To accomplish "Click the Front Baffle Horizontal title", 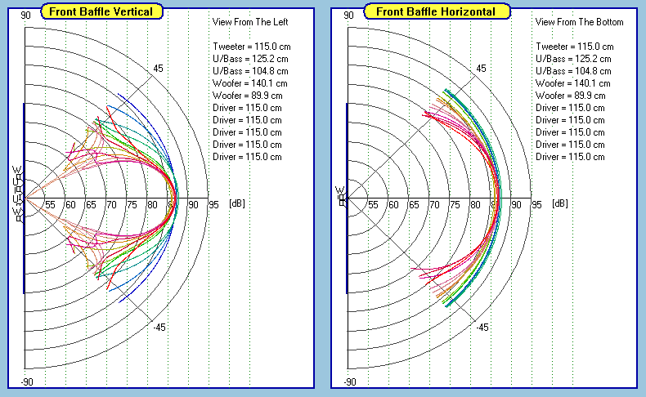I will (x=437, y=11).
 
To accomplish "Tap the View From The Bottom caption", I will (x=579, y=22).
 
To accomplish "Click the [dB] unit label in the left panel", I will (x=236, y=204).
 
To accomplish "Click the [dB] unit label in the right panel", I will (x=559, y=204).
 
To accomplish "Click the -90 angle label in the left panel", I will (x=26, y=382).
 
